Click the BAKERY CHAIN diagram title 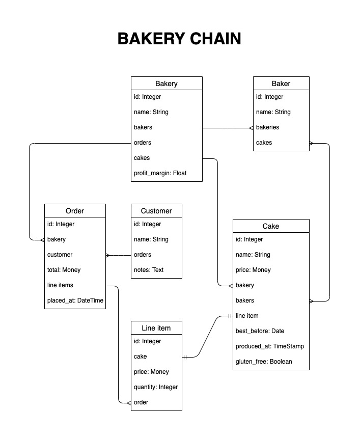[179, 39]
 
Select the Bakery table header [167, 84]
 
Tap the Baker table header [281, 84]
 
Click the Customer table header [156, 211]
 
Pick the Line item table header [156, 328]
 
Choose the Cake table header [271, 226]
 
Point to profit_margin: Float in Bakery [160, 173]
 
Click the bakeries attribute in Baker [267, 127]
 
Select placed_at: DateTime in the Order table [75, 300]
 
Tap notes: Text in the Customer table [149, 270]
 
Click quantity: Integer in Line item [156, 387]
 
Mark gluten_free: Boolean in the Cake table [264, 362]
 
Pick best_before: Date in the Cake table [260, 331]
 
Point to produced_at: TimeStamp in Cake [269, 346]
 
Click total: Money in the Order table [64, 270]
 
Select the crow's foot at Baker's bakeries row [252, 128]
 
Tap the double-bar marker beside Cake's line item [230, 316]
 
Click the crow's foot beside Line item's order [129, 403]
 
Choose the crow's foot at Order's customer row [108, 255]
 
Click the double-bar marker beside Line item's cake [185, 357]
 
